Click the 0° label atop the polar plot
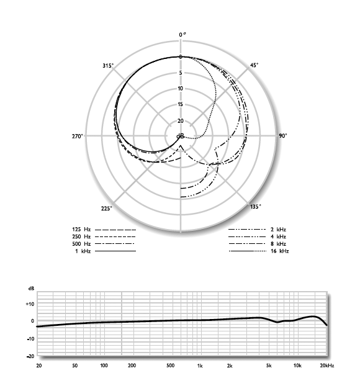click(x=182, y=35)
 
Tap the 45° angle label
click(x=254, y=65)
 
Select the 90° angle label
click(x=282, y=136)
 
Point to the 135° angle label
click(x=256, y=207)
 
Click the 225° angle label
click(x=107, y=208)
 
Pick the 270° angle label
click(x=78, y=136)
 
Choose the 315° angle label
click(x=108, y=66)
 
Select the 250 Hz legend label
click(x=81, y=236)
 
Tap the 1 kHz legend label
click(x=83, y=251)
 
